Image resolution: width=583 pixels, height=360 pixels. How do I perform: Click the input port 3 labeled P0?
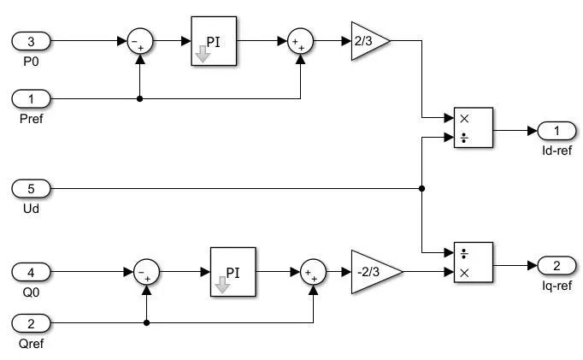pos(32,40)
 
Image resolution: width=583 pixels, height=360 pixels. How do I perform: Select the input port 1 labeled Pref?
pos(32,98)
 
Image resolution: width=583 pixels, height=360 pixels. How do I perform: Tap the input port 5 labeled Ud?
pos(32,188)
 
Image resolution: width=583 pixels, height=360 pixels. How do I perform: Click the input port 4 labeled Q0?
pos(32,273)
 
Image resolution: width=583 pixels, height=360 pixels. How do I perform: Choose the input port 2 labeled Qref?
pos(32,323)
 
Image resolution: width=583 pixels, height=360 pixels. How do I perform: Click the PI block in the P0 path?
pos(213,40)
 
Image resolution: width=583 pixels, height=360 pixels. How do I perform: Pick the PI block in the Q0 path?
pos(233,273)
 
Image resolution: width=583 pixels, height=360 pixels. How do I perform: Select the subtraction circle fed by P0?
pos(139,41)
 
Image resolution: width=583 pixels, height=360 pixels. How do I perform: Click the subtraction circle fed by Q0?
pos(147,274)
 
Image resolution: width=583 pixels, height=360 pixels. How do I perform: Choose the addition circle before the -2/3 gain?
pos(314,274)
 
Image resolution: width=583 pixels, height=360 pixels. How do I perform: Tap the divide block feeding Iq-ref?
pos(473,263)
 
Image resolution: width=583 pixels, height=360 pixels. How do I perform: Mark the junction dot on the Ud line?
pos(422,188)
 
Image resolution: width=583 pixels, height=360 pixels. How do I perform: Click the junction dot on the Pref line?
pos(139,98)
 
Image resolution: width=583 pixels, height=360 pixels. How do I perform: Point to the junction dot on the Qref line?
pos(147,323)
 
